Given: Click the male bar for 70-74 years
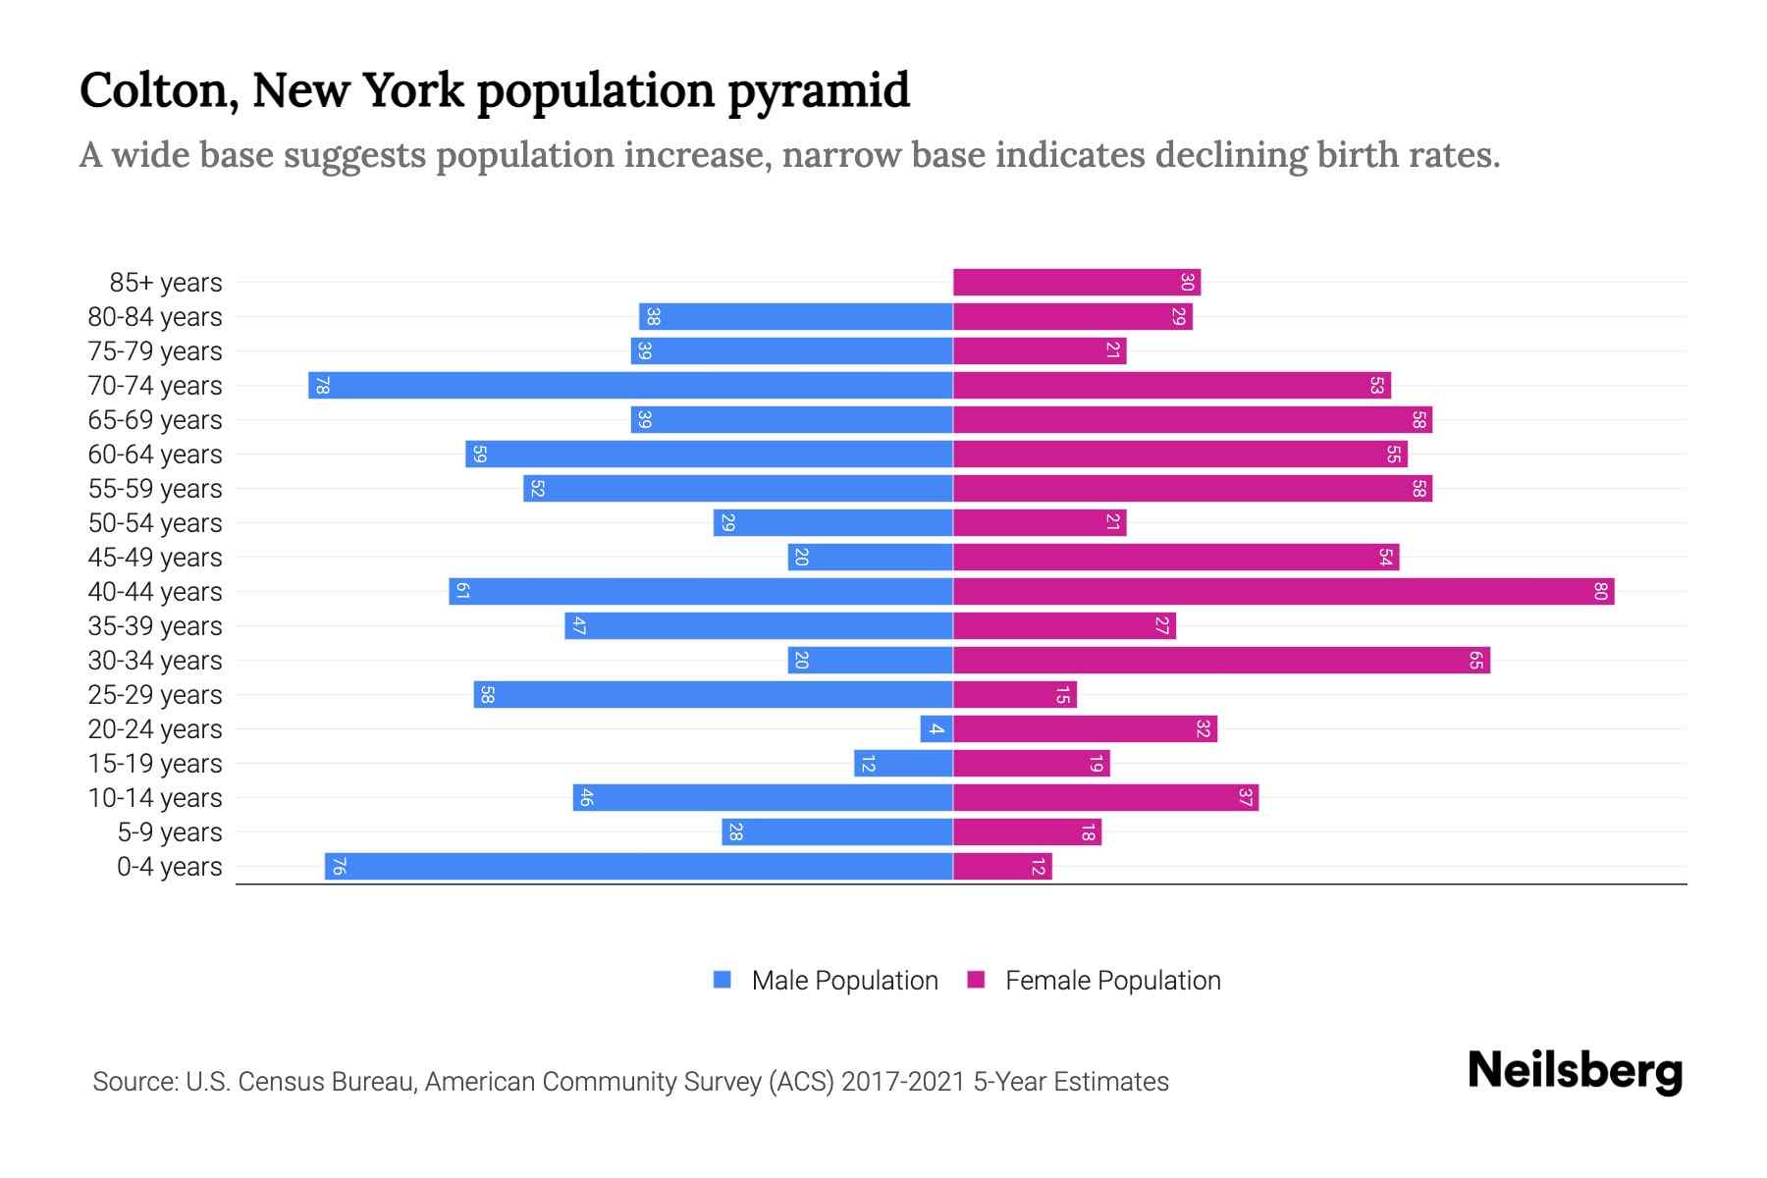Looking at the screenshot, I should pyautogui.click(x=630, y=386).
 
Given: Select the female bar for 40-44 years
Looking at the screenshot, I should pyautogui.click(x=1283, y=592).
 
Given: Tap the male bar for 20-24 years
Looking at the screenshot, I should pyautogui.click(x=937, y=729).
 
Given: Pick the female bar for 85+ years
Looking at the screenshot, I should pyautogui.click(x=1076, y=283).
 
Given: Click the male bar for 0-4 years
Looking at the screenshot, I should pyautogui.click(x=638, y=867).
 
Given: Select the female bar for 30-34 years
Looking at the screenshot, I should pyautogui.click(x=1221, y=661).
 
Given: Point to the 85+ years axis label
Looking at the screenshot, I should pyautogui.click(x=165, y=283).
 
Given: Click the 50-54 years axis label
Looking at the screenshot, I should pyautogui.click(x=155, y=523).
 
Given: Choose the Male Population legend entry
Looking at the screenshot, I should pyautogui.click(x=843, y=981).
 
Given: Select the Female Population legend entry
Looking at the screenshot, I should pyautogui.click(x=1112, y=981).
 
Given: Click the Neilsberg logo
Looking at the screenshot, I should pyautogui.click(x=1575, y=1071).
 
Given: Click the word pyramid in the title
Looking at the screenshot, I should pyautogui.click(x=819, y=91).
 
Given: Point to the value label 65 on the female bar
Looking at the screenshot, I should pyautogui.click(x=1475, y=661).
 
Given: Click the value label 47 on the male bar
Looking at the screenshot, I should pyautogui.click(x=579, y=626).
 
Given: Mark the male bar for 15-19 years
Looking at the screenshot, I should pyautogui.click(x=903, y=764).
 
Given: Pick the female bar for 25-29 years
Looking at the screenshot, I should pyautogui.click(x=1015, y=695).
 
